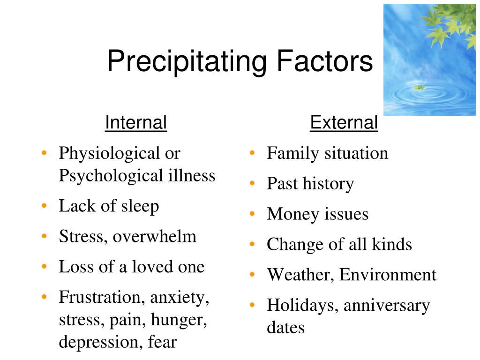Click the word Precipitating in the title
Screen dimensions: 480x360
pyautogui.click(x=187, y=62)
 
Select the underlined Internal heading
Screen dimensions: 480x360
pyautogui.click(x=136, y=123)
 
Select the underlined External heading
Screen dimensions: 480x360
pyautogui.click(x=344, y=123)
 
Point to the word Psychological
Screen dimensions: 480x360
pyautogui.click(x=111, y=176)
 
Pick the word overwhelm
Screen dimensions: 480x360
pyautogui.click(x=155, y=236)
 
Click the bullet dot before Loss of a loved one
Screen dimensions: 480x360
pyautogui.click(x=44, y=267)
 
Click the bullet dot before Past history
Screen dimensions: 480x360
pyautogui.click(x=252, y=183)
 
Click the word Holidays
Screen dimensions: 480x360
pyautogui.click(x=302, y=306)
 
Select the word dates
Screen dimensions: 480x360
pyautogui.click(x=285, y=328)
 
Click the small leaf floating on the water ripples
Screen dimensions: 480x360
pyautogui.click(x=419, y=88)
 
